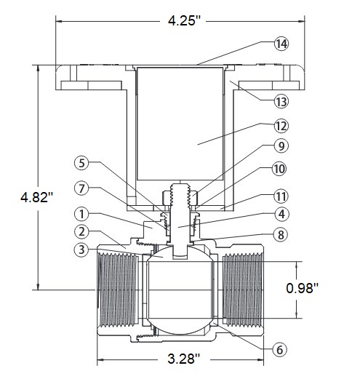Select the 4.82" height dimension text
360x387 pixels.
37,197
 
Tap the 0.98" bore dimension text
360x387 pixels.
303,288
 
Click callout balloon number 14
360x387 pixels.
281,44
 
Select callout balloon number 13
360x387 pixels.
281,101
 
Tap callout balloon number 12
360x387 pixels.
281,126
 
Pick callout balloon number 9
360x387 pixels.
281,146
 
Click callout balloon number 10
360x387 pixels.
279,169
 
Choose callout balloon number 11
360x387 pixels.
281,196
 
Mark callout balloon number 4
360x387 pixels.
281,214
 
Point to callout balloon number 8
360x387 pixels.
281,234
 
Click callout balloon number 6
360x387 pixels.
279,349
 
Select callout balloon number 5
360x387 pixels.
81,163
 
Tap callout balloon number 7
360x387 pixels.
81,188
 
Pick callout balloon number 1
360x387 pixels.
81,214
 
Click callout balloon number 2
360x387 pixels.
81,231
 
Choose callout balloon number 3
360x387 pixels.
81,250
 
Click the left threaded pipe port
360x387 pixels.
118,290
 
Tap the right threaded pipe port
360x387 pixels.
243,290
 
